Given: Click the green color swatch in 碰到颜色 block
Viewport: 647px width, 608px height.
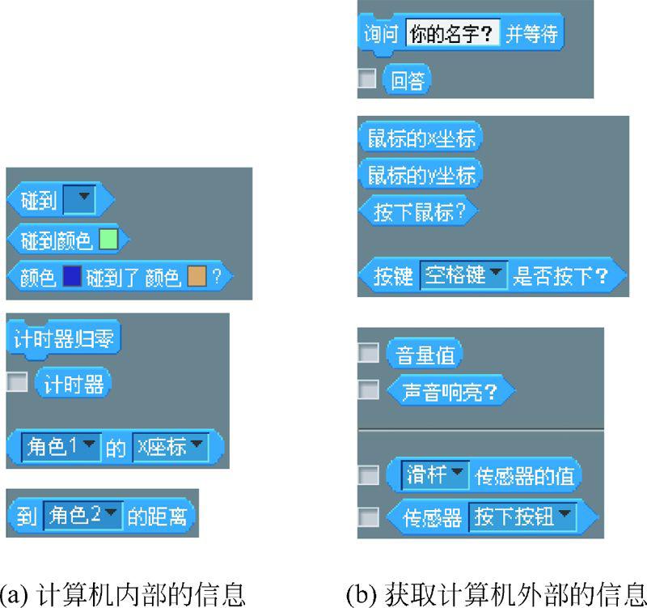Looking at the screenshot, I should (108, 240).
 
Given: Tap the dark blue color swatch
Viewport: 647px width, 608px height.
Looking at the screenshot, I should (72, 278).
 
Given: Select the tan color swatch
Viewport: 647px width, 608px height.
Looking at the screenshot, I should (197, 278).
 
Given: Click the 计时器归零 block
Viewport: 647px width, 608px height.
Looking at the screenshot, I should (64, 339).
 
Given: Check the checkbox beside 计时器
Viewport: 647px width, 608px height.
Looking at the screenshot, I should (16, 382).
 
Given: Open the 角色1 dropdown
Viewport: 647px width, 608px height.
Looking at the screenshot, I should (61, 447).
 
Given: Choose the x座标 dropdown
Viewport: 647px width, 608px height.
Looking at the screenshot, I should (168, 447).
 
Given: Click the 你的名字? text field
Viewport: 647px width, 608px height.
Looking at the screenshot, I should (452, 35).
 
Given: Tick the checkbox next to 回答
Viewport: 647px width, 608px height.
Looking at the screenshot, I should (368, 79).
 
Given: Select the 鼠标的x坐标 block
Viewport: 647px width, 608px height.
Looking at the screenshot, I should (421, 138).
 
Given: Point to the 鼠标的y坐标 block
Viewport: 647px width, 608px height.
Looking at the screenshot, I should (421, 174).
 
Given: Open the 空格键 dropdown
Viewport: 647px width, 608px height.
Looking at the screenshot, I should (463, 276).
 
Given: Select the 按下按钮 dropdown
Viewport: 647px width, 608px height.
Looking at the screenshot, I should (522, 517).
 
